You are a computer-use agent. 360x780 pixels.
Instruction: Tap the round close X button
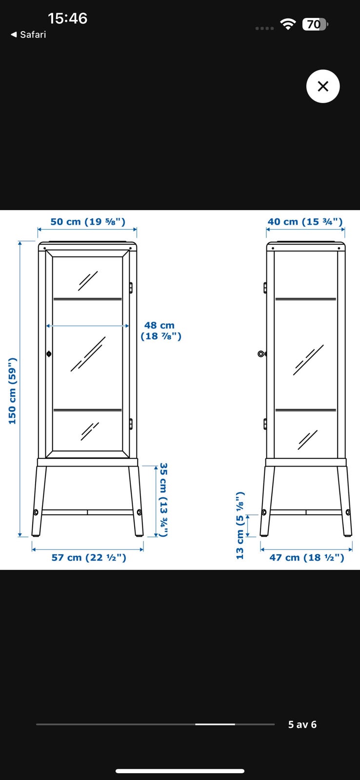pos(323,86)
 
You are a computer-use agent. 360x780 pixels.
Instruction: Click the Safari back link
pos(29,35)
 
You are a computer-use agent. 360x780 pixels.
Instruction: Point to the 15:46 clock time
pos(67,19)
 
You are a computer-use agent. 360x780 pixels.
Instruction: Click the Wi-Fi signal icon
pos(288,24)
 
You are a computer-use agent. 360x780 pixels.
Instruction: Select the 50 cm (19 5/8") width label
pos(88,222)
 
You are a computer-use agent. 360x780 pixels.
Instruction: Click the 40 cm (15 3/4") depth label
pos(305,222)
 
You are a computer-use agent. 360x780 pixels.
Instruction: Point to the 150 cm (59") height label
pos(13,390)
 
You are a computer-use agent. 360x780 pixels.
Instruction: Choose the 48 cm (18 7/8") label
pos(160,331)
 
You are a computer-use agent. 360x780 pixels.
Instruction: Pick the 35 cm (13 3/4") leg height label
pos(163,500)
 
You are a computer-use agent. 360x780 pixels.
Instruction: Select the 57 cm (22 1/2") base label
pos(89,558)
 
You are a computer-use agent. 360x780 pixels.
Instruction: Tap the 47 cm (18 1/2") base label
pos(307,558)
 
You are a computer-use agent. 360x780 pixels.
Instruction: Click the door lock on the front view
pos(49,354)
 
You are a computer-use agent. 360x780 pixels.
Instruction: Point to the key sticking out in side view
pos(262,354)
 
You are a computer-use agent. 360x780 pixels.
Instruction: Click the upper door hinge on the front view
pos(131,288)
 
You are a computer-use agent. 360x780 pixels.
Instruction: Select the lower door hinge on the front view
pos(131,424)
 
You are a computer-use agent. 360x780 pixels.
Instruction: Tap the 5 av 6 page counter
pos(302,724)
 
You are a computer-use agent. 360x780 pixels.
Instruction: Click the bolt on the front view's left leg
pos(36,512)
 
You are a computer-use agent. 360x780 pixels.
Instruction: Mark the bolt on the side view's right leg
pos(348,512)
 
